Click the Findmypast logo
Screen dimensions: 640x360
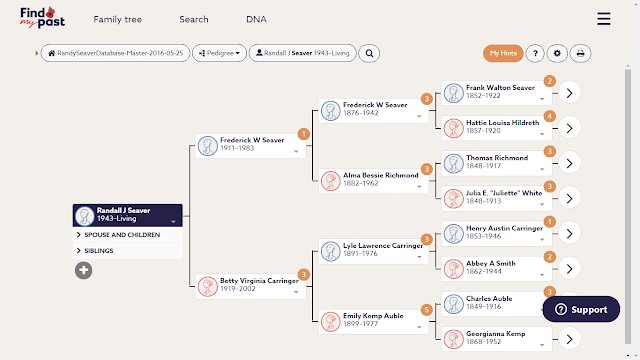click(42, 18)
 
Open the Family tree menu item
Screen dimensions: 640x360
click(118, 19)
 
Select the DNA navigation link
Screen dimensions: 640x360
click(256, 19)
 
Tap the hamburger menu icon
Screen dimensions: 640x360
click(604, 19)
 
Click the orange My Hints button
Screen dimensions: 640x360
click(503, 53)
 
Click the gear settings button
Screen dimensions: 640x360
click(557, 53)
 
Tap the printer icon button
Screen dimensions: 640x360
click(580, 53)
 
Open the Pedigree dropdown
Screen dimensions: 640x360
click(220, 53)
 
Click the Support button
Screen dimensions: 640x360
click(581, 309)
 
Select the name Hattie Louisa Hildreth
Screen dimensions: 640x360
click(502, 122)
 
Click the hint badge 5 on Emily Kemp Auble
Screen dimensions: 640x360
click(427, 310)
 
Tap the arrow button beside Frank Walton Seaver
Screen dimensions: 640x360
click(569, 93)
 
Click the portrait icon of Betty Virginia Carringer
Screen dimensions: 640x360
click(207, 286)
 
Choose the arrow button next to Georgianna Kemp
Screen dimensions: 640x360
click(569, 339)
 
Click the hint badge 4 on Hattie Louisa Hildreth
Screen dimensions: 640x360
click(549, 116)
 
